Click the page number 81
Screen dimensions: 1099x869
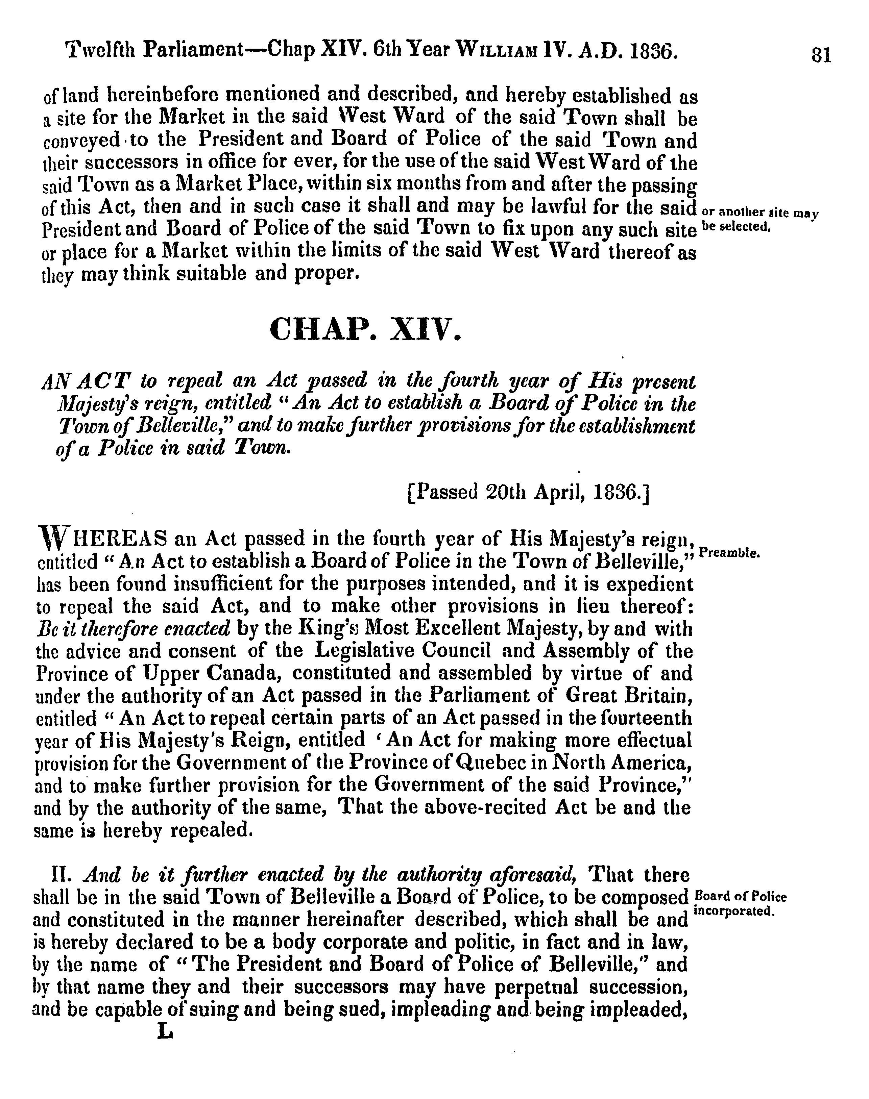[821, 54]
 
